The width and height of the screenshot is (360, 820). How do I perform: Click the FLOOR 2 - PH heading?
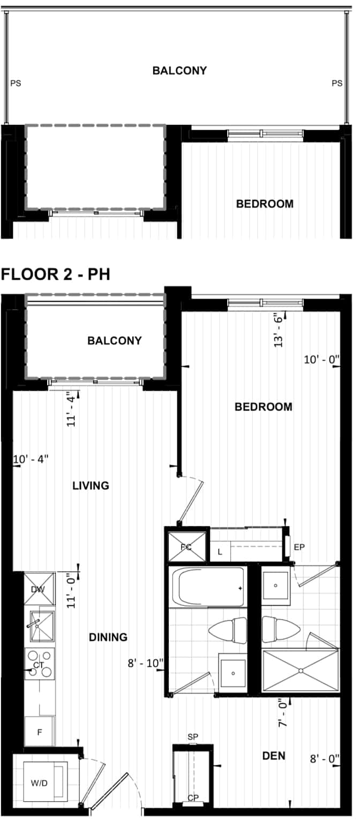(55, 274)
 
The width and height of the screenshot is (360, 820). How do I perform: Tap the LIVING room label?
(91, 486)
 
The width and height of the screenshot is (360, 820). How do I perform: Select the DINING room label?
(108, 637)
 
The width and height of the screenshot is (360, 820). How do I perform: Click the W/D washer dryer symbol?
(40, 784)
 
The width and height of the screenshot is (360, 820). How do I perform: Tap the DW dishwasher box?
(40, 589)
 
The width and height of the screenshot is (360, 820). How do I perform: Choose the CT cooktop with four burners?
(40, 664)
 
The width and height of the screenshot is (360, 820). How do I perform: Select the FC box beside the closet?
(186, 547)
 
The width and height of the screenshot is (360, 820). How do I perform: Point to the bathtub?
(207, 587)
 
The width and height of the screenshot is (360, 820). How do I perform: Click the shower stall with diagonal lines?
(301, 670)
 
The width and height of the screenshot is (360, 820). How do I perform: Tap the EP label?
(299, 547)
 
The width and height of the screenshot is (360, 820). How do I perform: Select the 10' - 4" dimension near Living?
(31, 459)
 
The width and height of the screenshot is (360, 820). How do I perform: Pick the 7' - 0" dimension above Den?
(282, 714)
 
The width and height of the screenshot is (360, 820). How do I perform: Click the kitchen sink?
(40, 627)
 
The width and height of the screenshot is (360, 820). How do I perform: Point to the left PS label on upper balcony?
(16, 84)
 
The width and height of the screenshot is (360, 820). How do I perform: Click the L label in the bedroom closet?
(220, 552)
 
